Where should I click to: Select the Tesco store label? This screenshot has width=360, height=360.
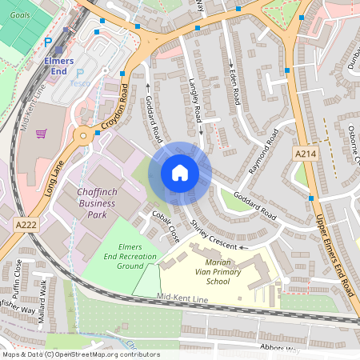click(x=80, y=82)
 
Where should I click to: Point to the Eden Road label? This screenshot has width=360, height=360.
click(x=234, y=84)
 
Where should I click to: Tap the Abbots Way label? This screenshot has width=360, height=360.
click(x=279, y=349)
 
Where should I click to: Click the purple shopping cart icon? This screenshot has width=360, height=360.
click(x=41, y=133)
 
